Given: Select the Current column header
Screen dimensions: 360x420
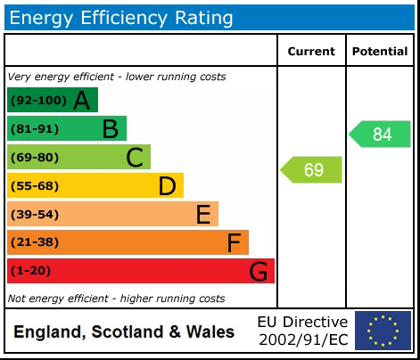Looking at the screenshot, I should point(311,52).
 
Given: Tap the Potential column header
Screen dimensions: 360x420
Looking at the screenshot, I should point(380,52).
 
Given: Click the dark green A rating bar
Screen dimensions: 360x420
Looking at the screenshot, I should point(52,101).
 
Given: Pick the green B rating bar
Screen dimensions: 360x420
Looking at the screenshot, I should point(67,129).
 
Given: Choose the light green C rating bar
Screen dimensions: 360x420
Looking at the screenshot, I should point(78,158).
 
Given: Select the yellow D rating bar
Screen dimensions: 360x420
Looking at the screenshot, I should point(95,185).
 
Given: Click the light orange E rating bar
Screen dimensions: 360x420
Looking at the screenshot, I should point(112,214).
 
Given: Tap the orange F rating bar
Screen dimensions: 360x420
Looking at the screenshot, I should point(128,242).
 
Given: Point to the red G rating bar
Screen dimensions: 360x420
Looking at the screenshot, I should point(140,271).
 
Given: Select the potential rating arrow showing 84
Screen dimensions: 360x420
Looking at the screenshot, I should point(380,135).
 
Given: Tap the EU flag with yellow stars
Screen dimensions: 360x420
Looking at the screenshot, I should point(383,331).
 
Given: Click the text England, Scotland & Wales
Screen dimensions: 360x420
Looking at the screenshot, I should point(124,332).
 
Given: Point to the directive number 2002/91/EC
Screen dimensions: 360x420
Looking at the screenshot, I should point(302,340).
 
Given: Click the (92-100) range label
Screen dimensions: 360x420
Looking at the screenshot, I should point(37,101).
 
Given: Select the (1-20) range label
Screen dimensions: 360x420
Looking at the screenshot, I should point(30,271).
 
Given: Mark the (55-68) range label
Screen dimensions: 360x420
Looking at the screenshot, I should point(34,185).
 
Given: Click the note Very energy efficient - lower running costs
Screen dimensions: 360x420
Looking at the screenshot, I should point(117,77).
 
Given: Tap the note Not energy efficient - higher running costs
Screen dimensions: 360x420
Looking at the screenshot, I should point(116,299).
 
